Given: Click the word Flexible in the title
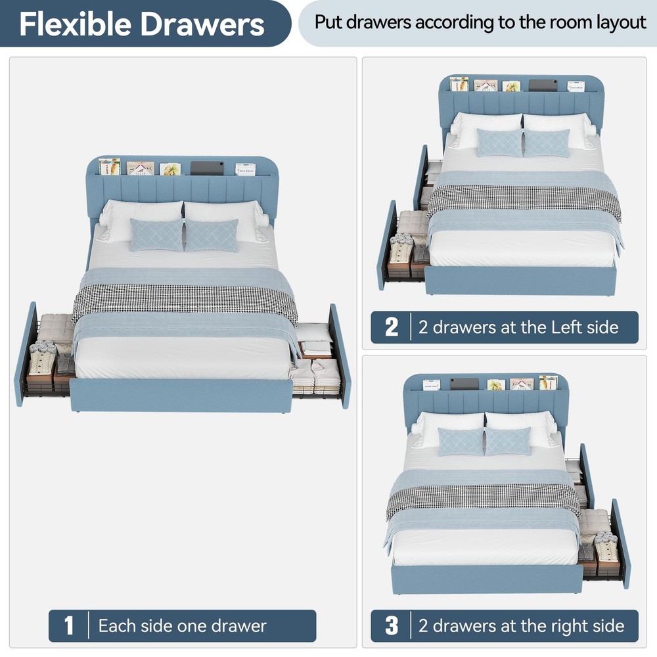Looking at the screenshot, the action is pyautogui.click(x=76, y=24).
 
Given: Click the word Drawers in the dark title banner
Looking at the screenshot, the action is pyautogui.click(x=202, y=24).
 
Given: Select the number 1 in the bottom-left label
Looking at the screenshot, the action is pyautogui.click(x=69, y=625).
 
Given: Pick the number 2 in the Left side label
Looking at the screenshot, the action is pyautogui.click(x=392, y=327).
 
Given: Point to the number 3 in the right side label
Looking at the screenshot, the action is pyautogui.click(x=392, y=625).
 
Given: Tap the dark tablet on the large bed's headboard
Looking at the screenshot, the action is pyautogui.click(x=207, y=168).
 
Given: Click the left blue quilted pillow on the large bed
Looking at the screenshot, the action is pyautogui.click(x=157, y=235).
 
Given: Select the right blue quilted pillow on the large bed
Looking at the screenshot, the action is pyautogui.click(x=211, y=235).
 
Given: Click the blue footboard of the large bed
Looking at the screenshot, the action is pyautogui.click(x=181, y=395).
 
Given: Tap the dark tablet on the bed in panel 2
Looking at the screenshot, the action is pyautogui.click(x=543, y=85).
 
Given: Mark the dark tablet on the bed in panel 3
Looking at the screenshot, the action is pyautogui.click(x=464, y=384).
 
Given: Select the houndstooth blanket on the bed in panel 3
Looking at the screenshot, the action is pyautogui.click(x=484, y=501).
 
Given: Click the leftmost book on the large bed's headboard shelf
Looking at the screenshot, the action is pyautogui.click(x=110, y=166).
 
